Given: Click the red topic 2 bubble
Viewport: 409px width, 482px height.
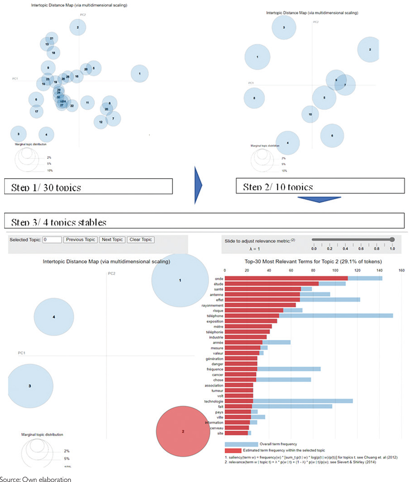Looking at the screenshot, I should click(183, 431).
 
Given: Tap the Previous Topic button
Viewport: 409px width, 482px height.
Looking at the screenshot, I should click(80, 240).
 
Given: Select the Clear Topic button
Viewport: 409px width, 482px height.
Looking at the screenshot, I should click(141, 240).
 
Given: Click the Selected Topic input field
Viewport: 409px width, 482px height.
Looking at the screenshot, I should click(52, 240).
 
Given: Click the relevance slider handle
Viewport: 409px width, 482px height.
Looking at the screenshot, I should click(392, 240).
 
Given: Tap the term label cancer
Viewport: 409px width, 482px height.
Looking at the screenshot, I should click(217, 375).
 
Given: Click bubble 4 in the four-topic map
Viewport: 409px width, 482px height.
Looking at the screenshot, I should click(54, 317).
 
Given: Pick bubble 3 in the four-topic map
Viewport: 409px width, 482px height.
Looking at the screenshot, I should click(30, 386).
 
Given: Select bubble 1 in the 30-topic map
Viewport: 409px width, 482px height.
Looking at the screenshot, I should click(140, 74).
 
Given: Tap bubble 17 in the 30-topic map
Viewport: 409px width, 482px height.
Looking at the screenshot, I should click(37, 111).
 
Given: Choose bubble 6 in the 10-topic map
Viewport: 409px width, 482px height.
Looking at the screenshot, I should click(332, 135).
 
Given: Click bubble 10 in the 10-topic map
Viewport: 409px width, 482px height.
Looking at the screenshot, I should click(310, 114).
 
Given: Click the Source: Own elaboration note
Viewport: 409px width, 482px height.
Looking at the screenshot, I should click(36, 479).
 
